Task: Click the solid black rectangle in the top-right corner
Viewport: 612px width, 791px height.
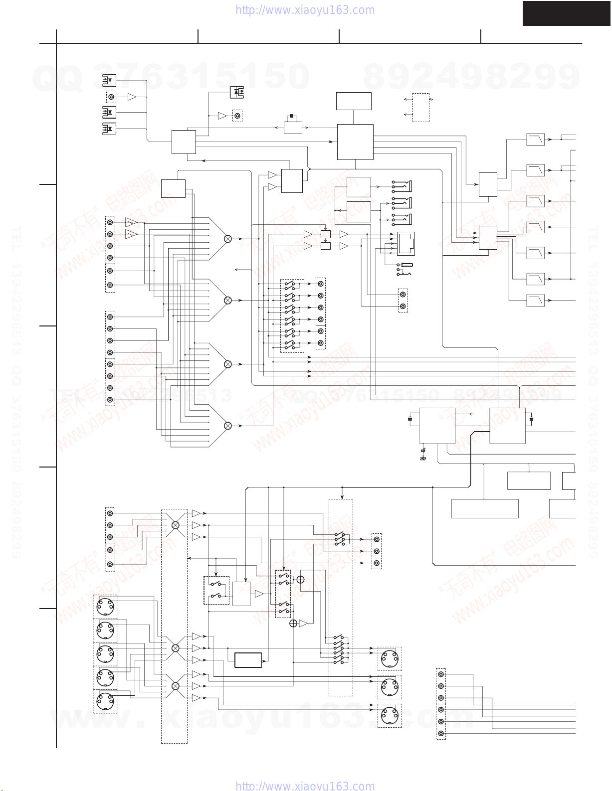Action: point(567,13)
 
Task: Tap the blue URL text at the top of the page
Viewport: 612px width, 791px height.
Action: point(305,10)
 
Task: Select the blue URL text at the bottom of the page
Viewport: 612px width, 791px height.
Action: point(305,786)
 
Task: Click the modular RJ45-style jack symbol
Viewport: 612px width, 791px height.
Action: point(406,244)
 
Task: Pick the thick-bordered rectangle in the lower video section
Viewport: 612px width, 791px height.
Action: point(248,660)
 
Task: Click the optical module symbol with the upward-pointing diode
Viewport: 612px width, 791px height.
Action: point(237,92)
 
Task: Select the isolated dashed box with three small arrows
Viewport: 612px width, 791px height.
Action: point(420,107)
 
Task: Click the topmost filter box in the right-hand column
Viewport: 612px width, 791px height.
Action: point(535,139)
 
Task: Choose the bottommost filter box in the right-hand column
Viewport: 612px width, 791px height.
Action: point(535,300)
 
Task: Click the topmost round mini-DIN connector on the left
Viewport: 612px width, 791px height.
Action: point(105,607)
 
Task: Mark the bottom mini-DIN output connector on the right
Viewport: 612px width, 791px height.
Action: point(390,716)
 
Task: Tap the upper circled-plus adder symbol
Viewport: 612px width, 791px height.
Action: point(300,579)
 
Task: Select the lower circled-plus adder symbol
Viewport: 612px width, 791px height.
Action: point(293,624)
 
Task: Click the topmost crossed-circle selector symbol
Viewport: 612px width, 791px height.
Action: point(228,239)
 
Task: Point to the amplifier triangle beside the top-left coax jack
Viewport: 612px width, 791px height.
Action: point(132,97)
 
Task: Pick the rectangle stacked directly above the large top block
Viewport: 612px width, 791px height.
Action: point(354,101)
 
